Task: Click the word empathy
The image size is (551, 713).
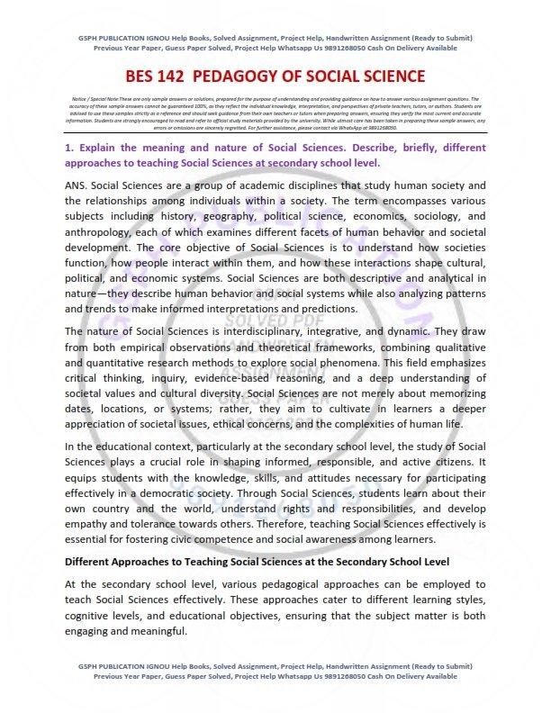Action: [x=93, y=522]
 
